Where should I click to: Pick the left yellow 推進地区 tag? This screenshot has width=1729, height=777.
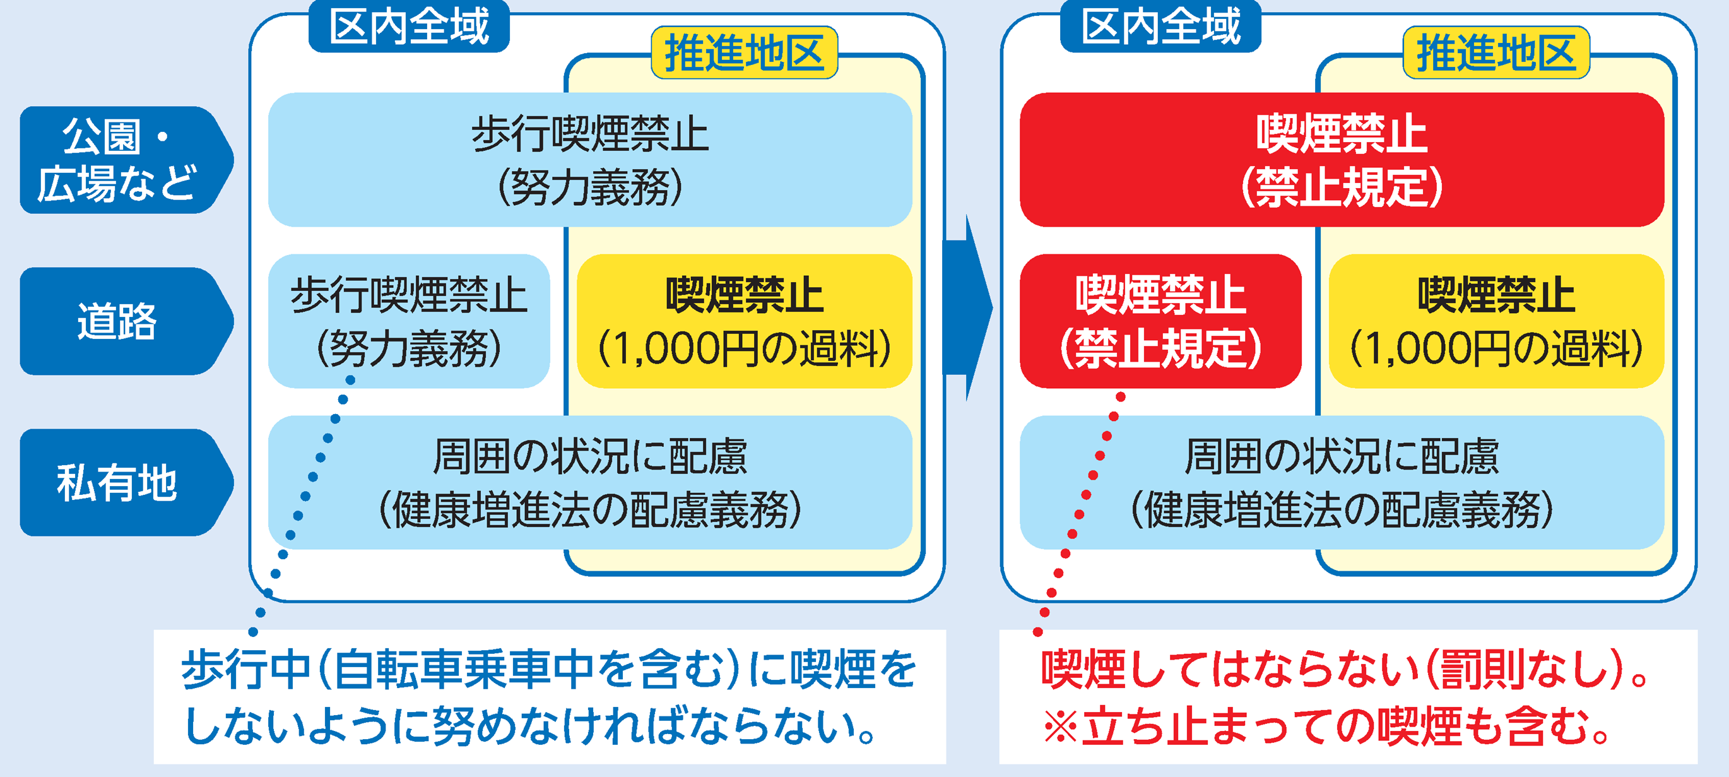(x=745, y=53)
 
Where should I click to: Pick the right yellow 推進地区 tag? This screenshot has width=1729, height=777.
(x=1496, y=53)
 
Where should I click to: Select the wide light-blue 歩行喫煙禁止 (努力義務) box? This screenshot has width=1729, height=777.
(x=589, y=160)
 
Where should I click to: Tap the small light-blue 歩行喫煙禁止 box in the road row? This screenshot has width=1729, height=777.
(x=409, y=321)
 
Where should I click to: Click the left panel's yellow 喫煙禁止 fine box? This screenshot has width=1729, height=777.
(x=745, y=321)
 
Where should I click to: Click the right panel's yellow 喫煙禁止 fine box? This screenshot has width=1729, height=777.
(x=1496, y=321)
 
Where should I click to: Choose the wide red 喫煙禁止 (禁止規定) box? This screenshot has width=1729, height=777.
(x=1342, y=160)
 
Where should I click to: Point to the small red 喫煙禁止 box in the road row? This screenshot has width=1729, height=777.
(x=1160, y=321)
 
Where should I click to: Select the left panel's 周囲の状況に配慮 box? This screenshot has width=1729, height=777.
(x=589, y=482)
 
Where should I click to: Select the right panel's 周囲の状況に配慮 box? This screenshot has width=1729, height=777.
(x=1342, y=482)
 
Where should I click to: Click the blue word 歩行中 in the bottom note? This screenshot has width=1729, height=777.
(x=245, y=670)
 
